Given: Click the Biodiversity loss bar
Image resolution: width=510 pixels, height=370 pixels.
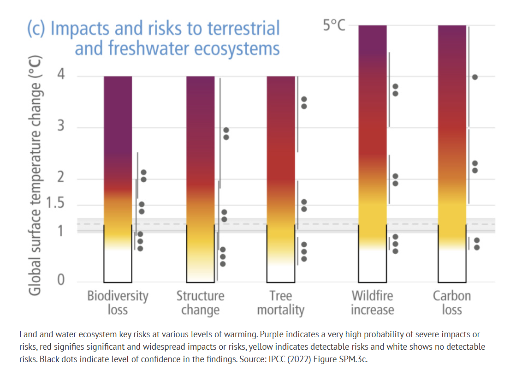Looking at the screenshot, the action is coord(118,179).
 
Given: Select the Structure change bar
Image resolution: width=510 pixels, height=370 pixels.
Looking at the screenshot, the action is coord(200,179).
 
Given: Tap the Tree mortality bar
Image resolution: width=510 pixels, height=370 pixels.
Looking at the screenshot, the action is coord(281,179).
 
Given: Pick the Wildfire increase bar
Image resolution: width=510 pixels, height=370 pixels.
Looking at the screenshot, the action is coord(373,154).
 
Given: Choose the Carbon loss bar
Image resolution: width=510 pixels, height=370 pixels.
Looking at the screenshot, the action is coord(452,154).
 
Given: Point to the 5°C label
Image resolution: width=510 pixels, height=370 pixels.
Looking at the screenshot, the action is coord(334,25).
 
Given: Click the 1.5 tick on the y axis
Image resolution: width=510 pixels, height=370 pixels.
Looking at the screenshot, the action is coord(55,203).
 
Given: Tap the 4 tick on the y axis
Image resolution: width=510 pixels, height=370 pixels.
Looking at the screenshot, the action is coord(61,74).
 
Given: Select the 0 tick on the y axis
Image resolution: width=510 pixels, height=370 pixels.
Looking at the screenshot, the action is coord(61,280).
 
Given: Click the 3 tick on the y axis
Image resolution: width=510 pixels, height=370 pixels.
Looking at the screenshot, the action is coord(61,125).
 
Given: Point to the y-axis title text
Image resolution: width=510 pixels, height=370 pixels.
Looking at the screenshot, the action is coord(35,176).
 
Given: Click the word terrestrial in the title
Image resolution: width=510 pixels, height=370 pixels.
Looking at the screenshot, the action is coord(243,28).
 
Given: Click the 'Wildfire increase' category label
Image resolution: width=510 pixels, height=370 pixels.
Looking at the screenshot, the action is coord(373,303).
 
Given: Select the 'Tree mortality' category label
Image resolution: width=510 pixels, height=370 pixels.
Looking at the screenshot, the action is coord(281,303).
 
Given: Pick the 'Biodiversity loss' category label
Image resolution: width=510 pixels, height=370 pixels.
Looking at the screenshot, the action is coord(118,303).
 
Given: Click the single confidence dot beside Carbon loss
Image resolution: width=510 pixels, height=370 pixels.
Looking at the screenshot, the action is coord(475,77).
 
